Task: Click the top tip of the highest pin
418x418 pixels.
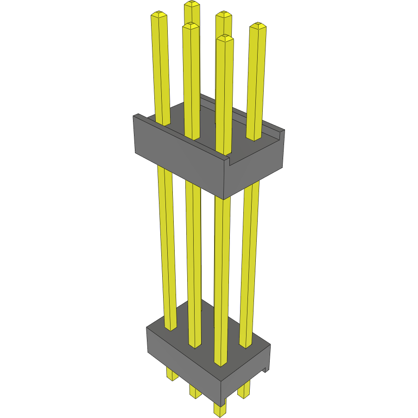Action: tap(192, 4)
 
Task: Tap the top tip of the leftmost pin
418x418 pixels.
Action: tap(158, 15)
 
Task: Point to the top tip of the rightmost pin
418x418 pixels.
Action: tap(258, 25)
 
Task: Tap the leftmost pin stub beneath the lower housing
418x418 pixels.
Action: tap(172, 374)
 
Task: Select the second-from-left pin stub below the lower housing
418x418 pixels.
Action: tap(195, 392)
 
